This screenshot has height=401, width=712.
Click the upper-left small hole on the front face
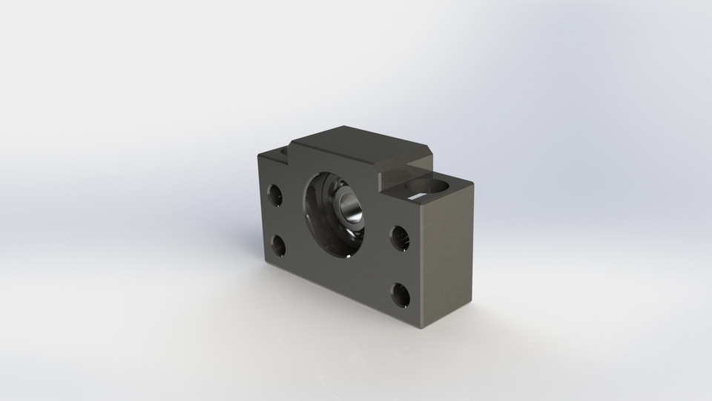[275, 196]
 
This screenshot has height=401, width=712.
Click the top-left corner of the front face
[258, 155]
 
